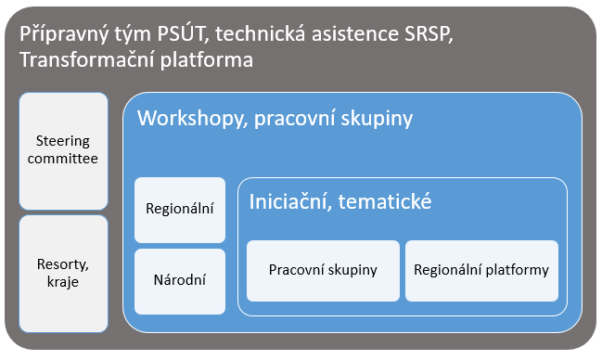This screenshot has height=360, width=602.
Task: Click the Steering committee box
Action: click(x=63, y=150)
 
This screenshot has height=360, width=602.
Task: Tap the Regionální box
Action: click(x=180, y=207)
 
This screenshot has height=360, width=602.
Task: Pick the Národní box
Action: click(x=180, y=279)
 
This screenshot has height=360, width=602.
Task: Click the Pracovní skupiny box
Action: click(x=323, y=270)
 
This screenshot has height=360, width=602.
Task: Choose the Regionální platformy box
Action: click(x=481, y=270)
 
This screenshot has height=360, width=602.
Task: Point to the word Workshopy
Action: click(x=186, y=119)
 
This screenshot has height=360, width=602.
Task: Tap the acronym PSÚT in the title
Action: click(x=181, y=35)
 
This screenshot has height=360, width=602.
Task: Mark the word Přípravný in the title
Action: click(x=62, y=35)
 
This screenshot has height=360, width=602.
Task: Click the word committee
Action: click(x=63, y=160)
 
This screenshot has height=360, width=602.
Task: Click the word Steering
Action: click(x=63, y=141)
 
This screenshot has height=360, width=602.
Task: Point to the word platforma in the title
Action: click(x=204, y=61)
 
